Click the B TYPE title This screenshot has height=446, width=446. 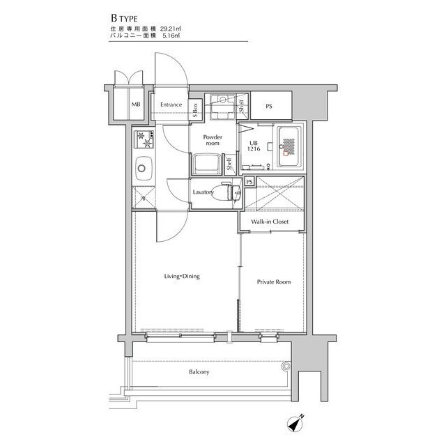coord(124,19)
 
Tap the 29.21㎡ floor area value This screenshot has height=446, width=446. coord(171,29)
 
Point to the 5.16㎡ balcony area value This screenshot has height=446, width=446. coord(171,36)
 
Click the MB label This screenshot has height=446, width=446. coord(136,105)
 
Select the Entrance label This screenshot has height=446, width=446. coord(171,105)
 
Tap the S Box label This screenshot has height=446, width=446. coord(195,110)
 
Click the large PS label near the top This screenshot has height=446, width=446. coord(269,106)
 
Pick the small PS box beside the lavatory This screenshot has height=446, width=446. coord(249,182)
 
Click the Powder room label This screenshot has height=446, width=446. coord(213,140)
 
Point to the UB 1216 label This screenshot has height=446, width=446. coord(254,146)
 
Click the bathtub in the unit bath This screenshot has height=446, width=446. coord(289,147)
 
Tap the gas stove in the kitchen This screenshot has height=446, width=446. coord(144,139)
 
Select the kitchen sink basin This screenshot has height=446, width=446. coord(144,168)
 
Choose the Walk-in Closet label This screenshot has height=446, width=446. coord(270,222)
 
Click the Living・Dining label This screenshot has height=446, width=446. coord(182,276)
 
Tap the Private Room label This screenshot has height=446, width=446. coord(274,282)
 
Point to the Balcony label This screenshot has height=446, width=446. coord(199,371)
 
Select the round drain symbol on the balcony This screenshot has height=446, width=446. coord(286,367)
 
